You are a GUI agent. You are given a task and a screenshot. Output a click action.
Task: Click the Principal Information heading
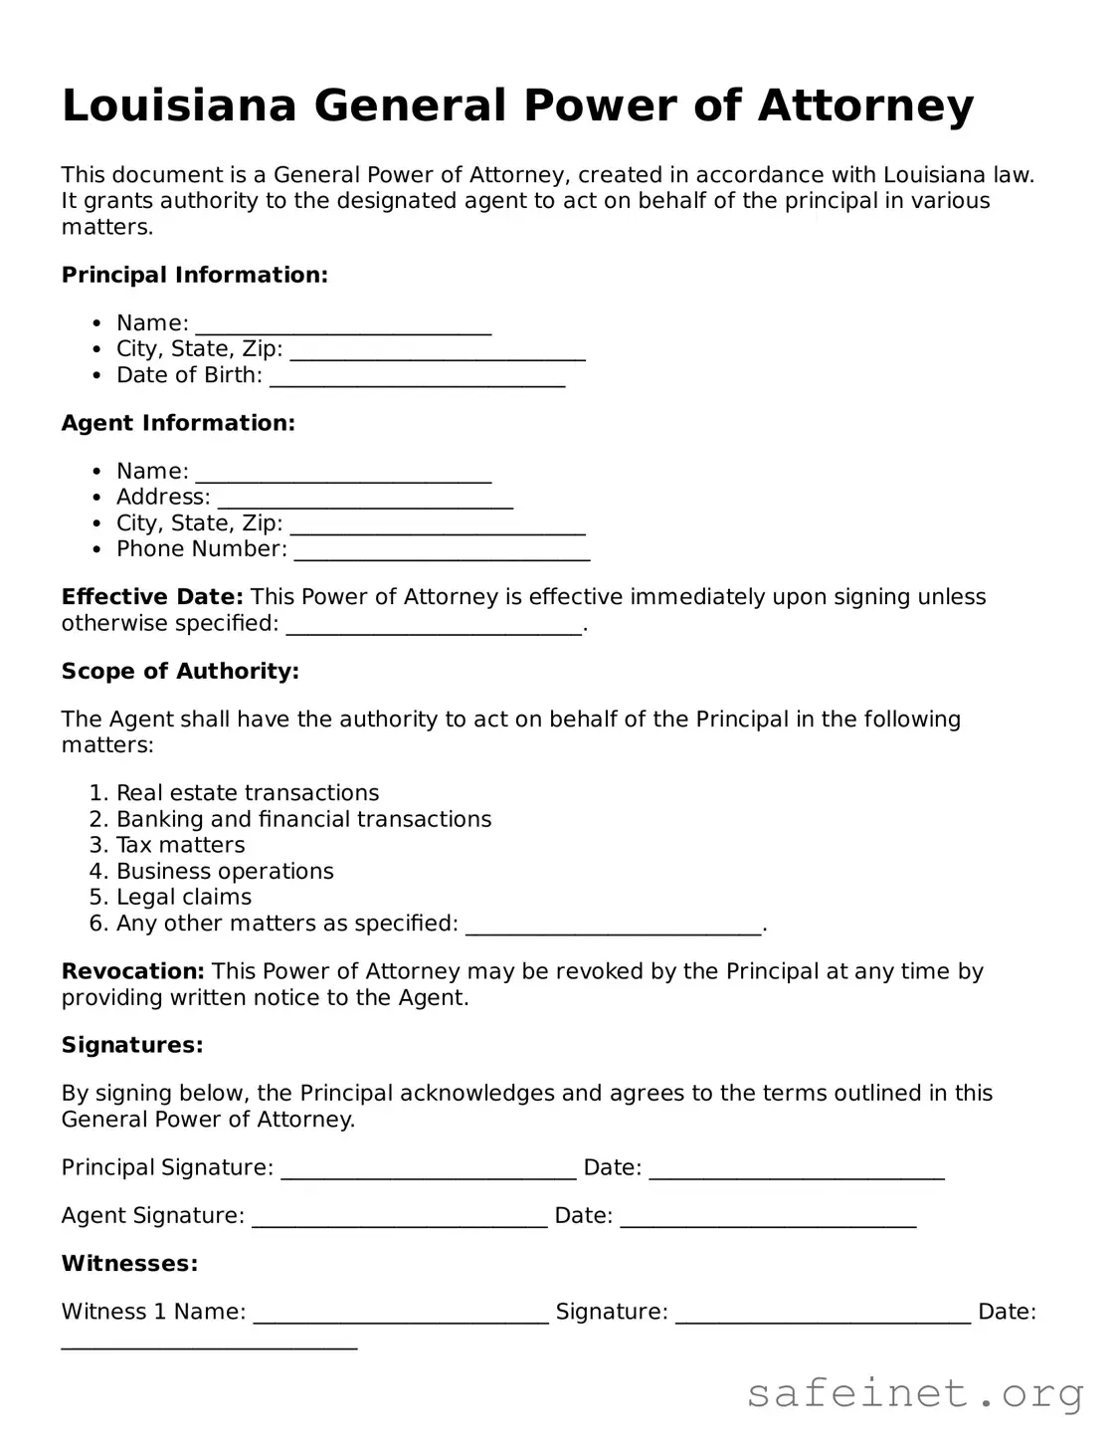coord(194,275)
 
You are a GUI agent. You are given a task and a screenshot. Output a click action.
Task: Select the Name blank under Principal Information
coord(343,325)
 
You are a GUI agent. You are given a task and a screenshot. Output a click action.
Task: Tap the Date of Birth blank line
coord(417,377)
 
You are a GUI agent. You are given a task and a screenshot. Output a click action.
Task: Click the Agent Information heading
coord(178,423)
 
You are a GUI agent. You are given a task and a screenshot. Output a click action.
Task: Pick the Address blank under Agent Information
coord(365,500)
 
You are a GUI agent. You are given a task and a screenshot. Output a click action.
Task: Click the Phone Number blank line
coord(442,551)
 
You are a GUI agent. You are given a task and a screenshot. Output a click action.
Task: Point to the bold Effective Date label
coord(151,597)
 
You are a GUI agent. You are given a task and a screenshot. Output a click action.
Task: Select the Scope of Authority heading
coord(180,671)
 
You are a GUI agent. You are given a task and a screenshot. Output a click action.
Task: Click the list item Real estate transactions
coord(248,793)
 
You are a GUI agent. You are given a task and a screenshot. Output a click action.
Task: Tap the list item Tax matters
coord(180,845)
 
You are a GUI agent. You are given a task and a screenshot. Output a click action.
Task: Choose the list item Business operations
coord(225,871)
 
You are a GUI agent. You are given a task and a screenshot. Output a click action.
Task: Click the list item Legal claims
coord(184,897)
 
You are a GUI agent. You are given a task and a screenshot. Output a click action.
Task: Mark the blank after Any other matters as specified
coord(613,926)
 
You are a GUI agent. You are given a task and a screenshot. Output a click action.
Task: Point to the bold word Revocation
coord(132,971)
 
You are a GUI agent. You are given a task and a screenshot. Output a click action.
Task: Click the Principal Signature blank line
coord(429,1170)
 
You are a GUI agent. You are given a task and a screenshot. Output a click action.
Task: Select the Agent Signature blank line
coord(399,1218)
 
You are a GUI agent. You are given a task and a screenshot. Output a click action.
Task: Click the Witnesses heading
coord(129,1264)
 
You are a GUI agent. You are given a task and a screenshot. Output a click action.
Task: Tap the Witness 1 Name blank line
coord(401,1315)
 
